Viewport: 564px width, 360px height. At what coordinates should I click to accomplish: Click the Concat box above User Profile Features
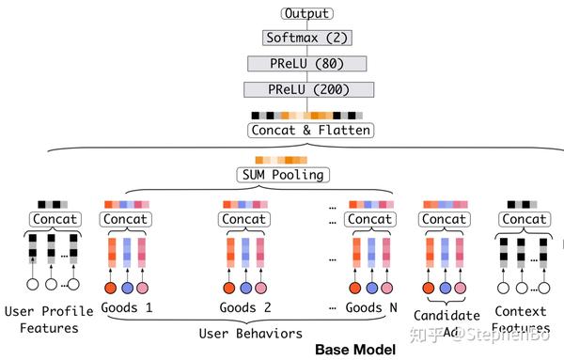point(55,219)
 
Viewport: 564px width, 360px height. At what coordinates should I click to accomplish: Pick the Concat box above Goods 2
point(244,219)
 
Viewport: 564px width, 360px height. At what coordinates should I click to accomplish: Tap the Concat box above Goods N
point(368,219)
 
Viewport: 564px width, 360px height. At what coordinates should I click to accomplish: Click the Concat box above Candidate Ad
point(446,219)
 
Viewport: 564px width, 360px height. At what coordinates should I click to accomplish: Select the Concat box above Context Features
point(522,219)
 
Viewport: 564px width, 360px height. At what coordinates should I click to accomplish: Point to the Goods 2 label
point(245,307)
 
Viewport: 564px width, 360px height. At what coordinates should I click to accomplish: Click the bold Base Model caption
point(352,350)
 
